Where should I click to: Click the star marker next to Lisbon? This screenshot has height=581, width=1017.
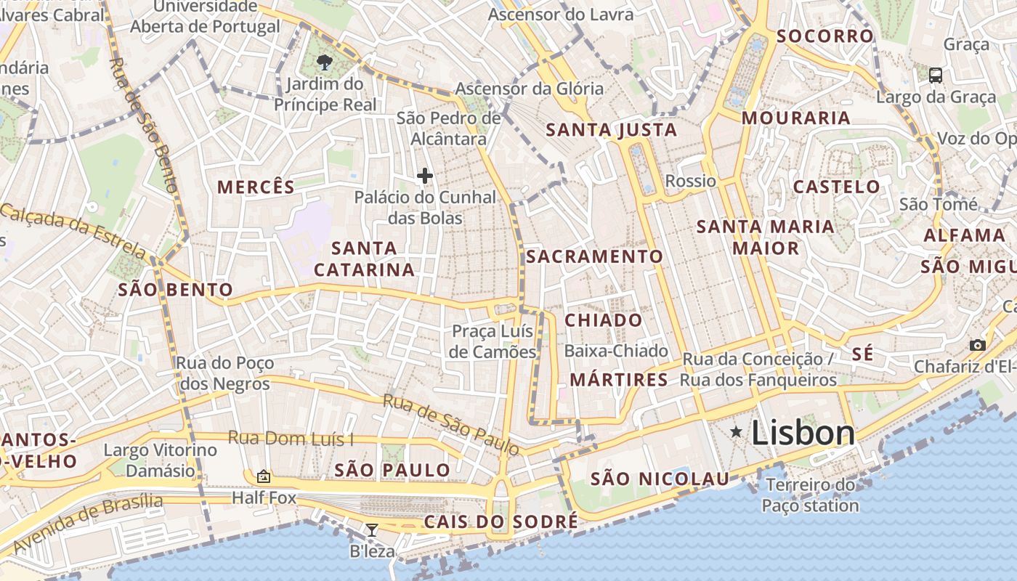click(x=737, y=432)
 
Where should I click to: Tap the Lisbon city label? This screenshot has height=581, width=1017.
click(x=803, y=433)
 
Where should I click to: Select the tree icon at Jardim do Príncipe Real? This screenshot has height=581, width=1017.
click(x=325, y=62)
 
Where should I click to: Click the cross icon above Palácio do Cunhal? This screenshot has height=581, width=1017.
click(x=425, y=175)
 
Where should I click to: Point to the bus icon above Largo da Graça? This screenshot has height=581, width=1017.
click(x=936, y=74)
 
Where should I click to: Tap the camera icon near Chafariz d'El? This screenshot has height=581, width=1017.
click(x=978, y=345)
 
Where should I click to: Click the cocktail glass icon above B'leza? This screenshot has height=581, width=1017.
click(x=372, y=530)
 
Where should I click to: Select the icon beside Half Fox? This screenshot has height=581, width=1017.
click(x=264, y=476)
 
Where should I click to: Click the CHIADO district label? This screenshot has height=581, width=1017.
click(x=604, y=320)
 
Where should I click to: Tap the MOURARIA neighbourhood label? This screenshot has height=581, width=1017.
click(x=795, y=118)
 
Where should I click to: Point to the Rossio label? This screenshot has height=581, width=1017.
click(x=691, y=181)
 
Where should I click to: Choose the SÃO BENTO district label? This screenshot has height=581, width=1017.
click(x=175, y=290)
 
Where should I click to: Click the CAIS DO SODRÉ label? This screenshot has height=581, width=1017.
click(x=501, y=521)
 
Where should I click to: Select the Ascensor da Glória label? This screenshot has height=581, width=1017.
click(x=529, y=89)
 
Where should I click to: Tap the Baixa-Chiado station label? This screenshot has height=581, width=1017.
click(x=616, y=351)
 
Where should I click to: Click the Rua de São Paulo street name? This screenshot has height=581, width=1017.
click(x=451, y=425)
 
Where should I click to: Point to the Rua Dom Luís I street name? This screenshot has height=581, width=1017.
click(x=291, y=438)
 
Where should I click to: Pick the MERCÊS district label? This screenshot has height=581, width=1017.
click(x=256, y=187)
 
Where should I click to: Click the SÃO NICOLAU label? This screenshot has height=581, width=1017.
click(x=660, y=479)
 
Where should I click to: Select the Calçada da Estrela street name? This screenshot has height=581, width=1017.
click(x=73, y=232)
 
